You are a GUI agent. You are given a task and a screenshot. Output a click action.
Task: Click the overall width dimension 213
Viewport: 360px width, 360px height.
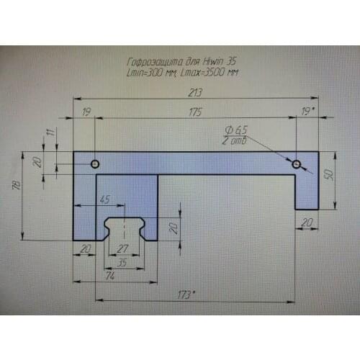point(193,92)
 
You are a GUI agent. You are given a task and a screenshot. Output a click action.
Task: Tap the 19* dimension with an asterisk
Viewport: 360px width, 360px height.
point(309,112)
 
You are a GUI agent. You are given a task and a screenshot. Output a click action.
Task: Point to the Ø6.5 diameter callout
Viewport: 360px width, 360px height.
point(236,130)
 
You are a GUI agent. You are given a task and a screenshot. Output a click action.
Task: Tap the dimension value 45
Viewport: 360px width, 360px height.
point(105,199)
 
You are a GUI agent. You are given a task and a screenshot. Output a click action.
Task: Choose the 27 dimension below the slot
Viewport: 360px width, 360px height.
point(122,248)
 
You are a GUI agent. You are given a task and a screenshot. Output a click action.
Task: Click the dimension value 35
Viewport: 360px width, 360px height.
point(122,263)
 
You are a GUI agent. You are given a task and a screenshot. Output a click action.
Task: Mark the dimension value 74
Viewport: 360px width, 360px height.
point(109,275)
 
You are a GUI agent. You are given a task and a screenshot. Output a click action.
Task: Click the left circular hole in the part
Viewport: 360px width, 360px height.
point(94,164)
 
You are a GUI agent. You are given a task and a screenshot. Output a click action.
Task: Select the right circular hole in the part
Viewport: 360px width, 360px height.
point(296,165)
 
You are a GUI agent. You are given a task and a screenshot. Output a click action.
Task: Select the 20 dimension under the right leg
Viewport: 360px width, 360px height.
point(307,224)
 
